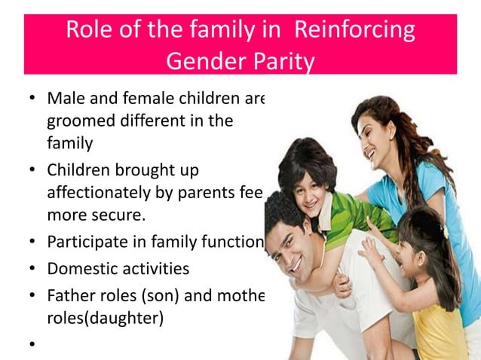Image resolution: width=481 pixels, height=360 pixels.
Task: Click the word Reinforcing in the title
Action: coord(354,29)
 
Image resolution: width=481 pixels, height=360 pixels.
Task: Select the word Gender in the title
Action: coord(198,61)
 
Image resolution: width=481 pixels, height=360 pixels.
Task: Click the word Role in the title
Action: coord(91,29)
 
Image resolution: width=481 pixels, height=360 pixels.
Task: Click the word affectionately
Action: coord(106,194)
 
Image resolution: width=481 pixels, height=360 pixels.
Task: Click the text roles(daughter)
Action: coord(105,317)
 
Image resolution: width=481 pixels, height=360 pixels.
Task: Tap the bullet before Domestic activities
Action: coord(33,268)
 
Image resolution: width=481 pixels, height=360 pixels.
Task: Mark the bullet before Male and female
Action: coord(33,99)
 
